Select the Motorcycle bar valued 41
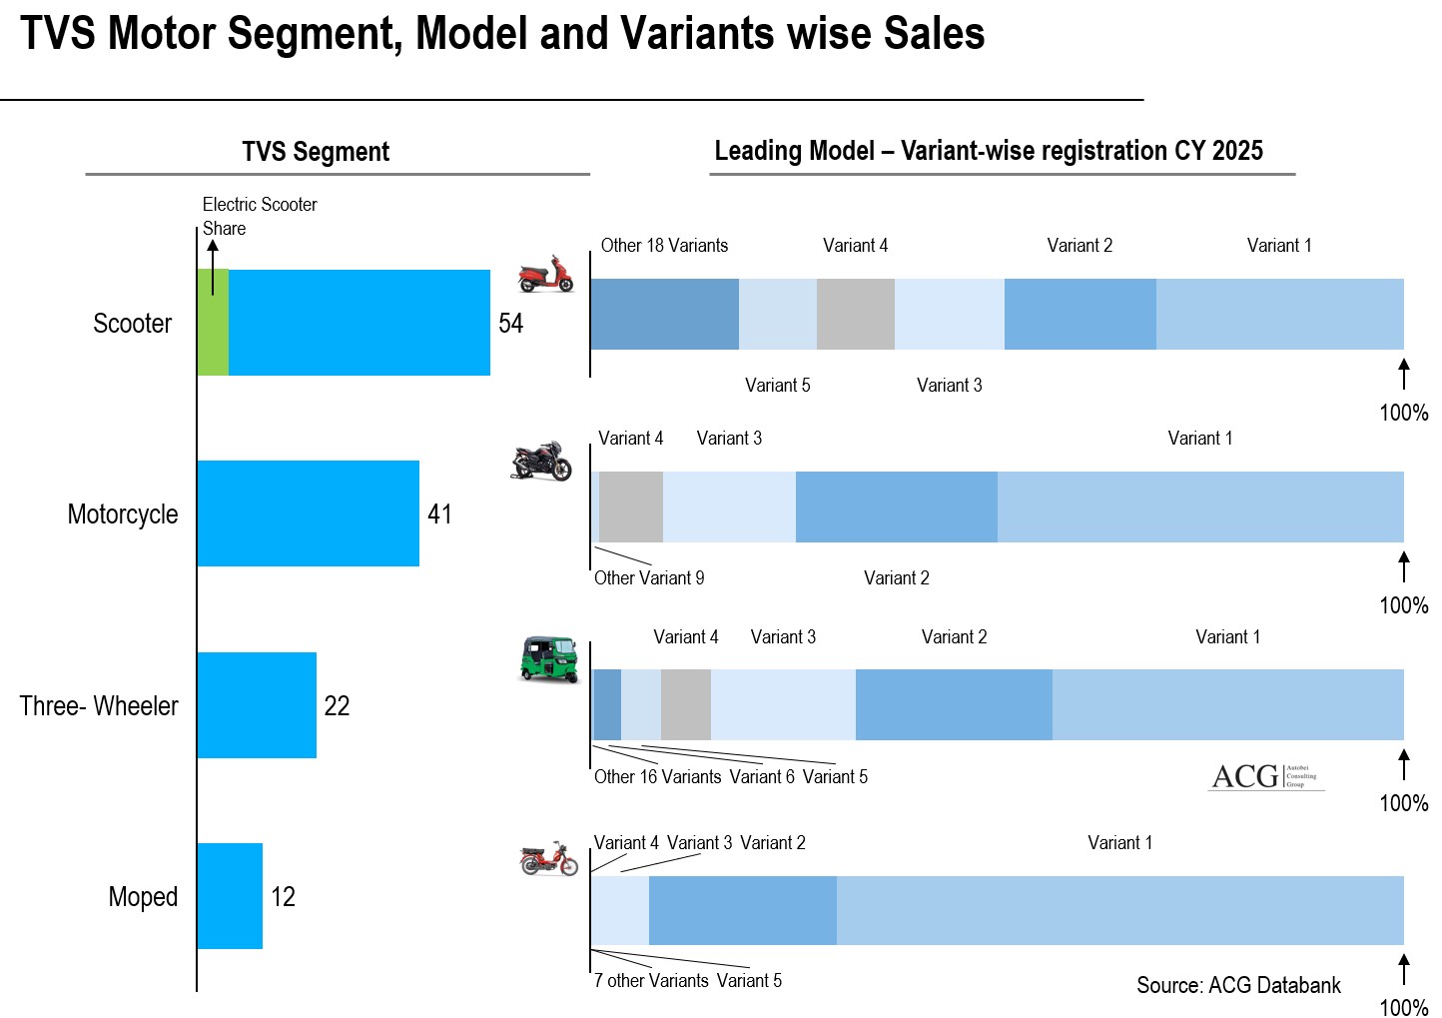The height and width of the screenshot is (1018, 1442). click(x=308, y=513)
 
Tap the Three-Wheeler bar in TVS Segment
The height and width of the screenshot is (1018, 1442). click(x=257, y=705)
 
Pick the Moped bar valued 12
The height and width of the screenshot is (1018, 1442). click(x=230, y=896)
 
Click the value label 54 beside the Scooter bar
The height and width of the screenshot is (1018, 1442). click(x=510, y=324)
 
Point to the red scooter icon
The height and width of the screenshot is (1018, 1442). click(x=546, y=274)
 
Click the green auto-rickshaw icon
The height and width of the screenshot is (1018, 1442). click(x=549, y=659)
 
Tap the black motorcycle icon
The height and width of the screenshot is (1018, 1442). click(x=541, y=461)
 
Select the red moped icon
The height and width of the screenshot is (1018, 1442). click(x=548, y=859)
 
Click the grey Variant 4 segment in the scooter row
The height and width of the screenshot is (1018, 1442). click(x=855, y=314)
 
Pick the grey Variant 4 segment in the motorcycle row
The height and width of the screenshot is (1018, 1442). click(x=630, y=507)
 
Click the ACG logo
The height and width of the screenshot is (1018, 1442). click(x=1265, y=776)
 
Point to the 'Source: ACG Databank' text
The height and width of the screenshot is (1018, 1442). click(x=1238, y=985)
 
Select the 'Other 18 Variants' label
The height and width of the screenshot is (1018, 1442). click(x=664, y=246)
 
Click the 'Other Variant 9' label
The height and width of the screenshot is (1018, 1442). click(x=649, y=578)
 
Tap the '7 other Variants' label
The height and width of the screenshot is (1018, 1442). click(x=651, y=981)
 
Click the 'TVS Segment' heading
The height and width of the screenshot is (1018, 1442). click(x=316, y=152)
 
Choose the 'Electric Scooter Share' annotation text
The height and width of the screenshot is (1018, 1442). click(x=259, y=216)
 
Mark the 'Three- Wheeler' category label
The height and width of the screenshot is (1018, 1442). click(x=99, y=706)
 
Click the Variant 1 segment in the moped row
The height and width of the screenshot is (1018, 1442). click(x=1119, y=910)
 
